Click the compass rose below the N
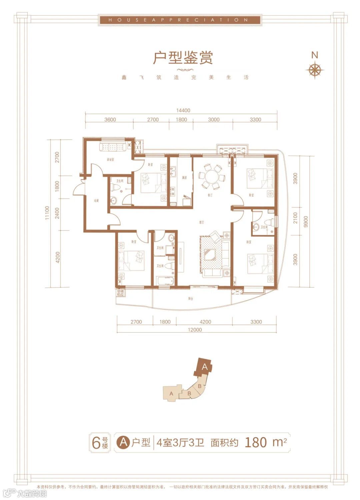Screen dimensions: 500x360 tap(315, 70)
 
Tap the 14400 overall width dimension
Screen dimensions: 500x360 tap(183, 110)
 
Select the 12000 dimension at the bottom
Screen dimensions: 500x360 tap(195, 330)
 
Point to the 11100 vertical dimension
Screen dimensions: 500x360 tap(47, 213)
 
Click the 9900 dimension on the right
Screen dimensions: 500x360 tap(306, 222)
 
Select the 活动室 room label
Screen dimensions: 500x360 tap(110, 160)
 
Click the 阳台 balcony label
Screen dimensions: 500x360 tap(190, 299)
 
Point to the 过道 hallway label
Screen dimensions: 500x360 tap(96, 201)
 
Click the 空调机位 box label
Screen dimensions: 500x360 tap(120, 293)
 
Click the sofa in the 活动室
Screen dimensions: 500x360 tap(112, 147)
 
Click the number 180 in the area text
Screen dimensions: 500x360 tap(256, 442)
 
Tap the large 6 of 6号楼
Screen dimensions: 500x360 tap(96, 443)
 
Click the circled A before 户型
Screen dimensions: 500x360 tap(123, 442)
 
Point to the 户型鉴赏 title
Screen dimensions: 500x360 tap(183, 58)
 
